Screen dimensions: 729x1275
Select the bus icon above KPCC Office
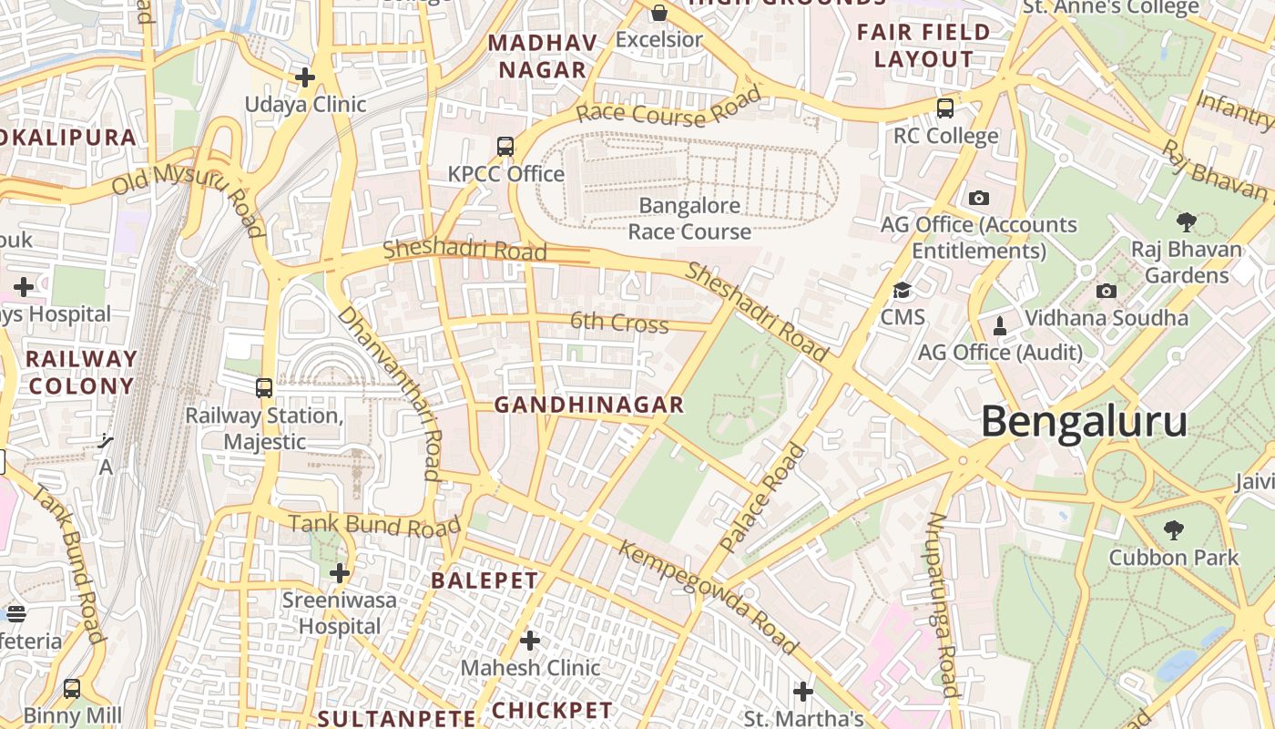(505, 146)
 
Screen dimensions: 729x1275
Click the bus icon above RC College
(945, 108)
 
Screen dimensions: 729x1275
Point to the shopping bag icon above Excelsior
(658, 13)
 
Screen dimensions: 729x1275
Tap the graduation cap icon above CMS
(902, 291)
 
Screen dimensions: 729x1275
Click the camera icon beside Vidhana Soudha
(1107, 292)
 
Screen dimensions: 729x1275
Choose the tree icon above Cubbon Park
(1174, 529)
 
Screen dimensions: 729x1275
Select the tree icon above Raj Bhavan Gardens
(1186, 221)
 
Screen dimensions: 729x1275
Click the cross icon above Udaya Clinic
(305, 77)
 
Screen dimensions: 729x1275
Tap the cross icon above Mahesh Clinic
(530, 641)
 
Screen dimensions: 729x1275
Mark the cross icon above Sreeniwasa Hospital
(340, 573)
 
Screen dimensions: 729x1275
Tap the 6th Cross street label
(619, 323)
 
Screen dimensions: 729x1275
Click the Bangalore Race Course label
(689, 219)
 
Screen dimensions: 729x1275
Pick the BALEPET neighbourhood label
(484, 580)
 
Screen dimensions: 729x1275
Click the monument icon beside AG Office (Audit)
(1000, 326)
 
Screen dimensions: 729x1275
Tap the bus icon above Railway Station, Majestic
(264, 388)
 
